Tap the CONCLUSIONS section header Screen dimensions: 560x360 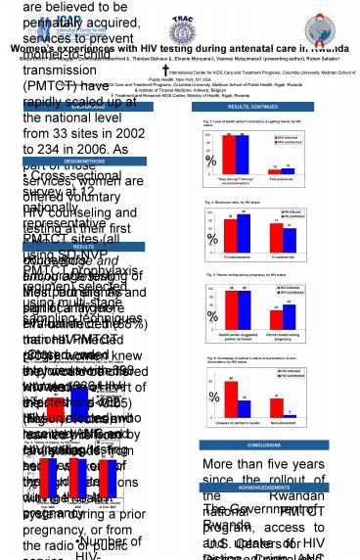(x=262, y=443)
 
